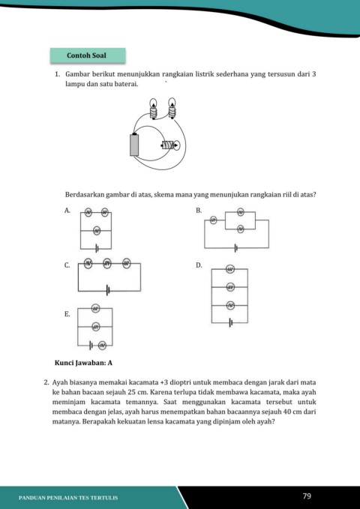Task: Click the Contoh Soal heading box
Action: click(88, 55)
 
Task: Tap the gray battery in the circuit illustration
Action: click(134, 145)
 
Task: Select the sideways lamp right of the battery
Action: click(170, 145)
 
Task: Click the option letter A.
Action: click(67, 211)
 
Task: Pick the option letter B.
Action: click(199, 211)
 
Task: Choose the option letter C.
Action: click(67, 265)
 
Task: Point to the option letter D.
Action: click(199, 265)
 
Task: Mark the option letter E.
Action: click(67, 314)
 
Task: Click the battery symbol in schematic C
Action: click(108, 291)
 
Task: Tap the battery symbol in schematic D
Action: click(230, 322)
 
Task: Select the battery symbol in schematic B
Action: click(236, 248)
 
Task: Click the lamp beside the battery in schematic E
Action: click(102, 346)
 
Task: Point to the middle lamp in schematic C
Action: click(107, 263)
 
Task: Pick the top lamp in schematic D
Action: click(230, 269)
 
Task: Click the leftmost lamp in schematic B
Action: click(213, 220)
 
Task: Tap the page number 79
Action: click(307, 496)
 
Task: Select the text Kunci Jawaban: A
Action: click(83, 363)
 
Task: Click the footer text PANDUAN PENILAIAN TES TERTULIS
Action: click(68, 498)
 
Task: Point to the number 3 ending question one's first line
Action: click(313, 74)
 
